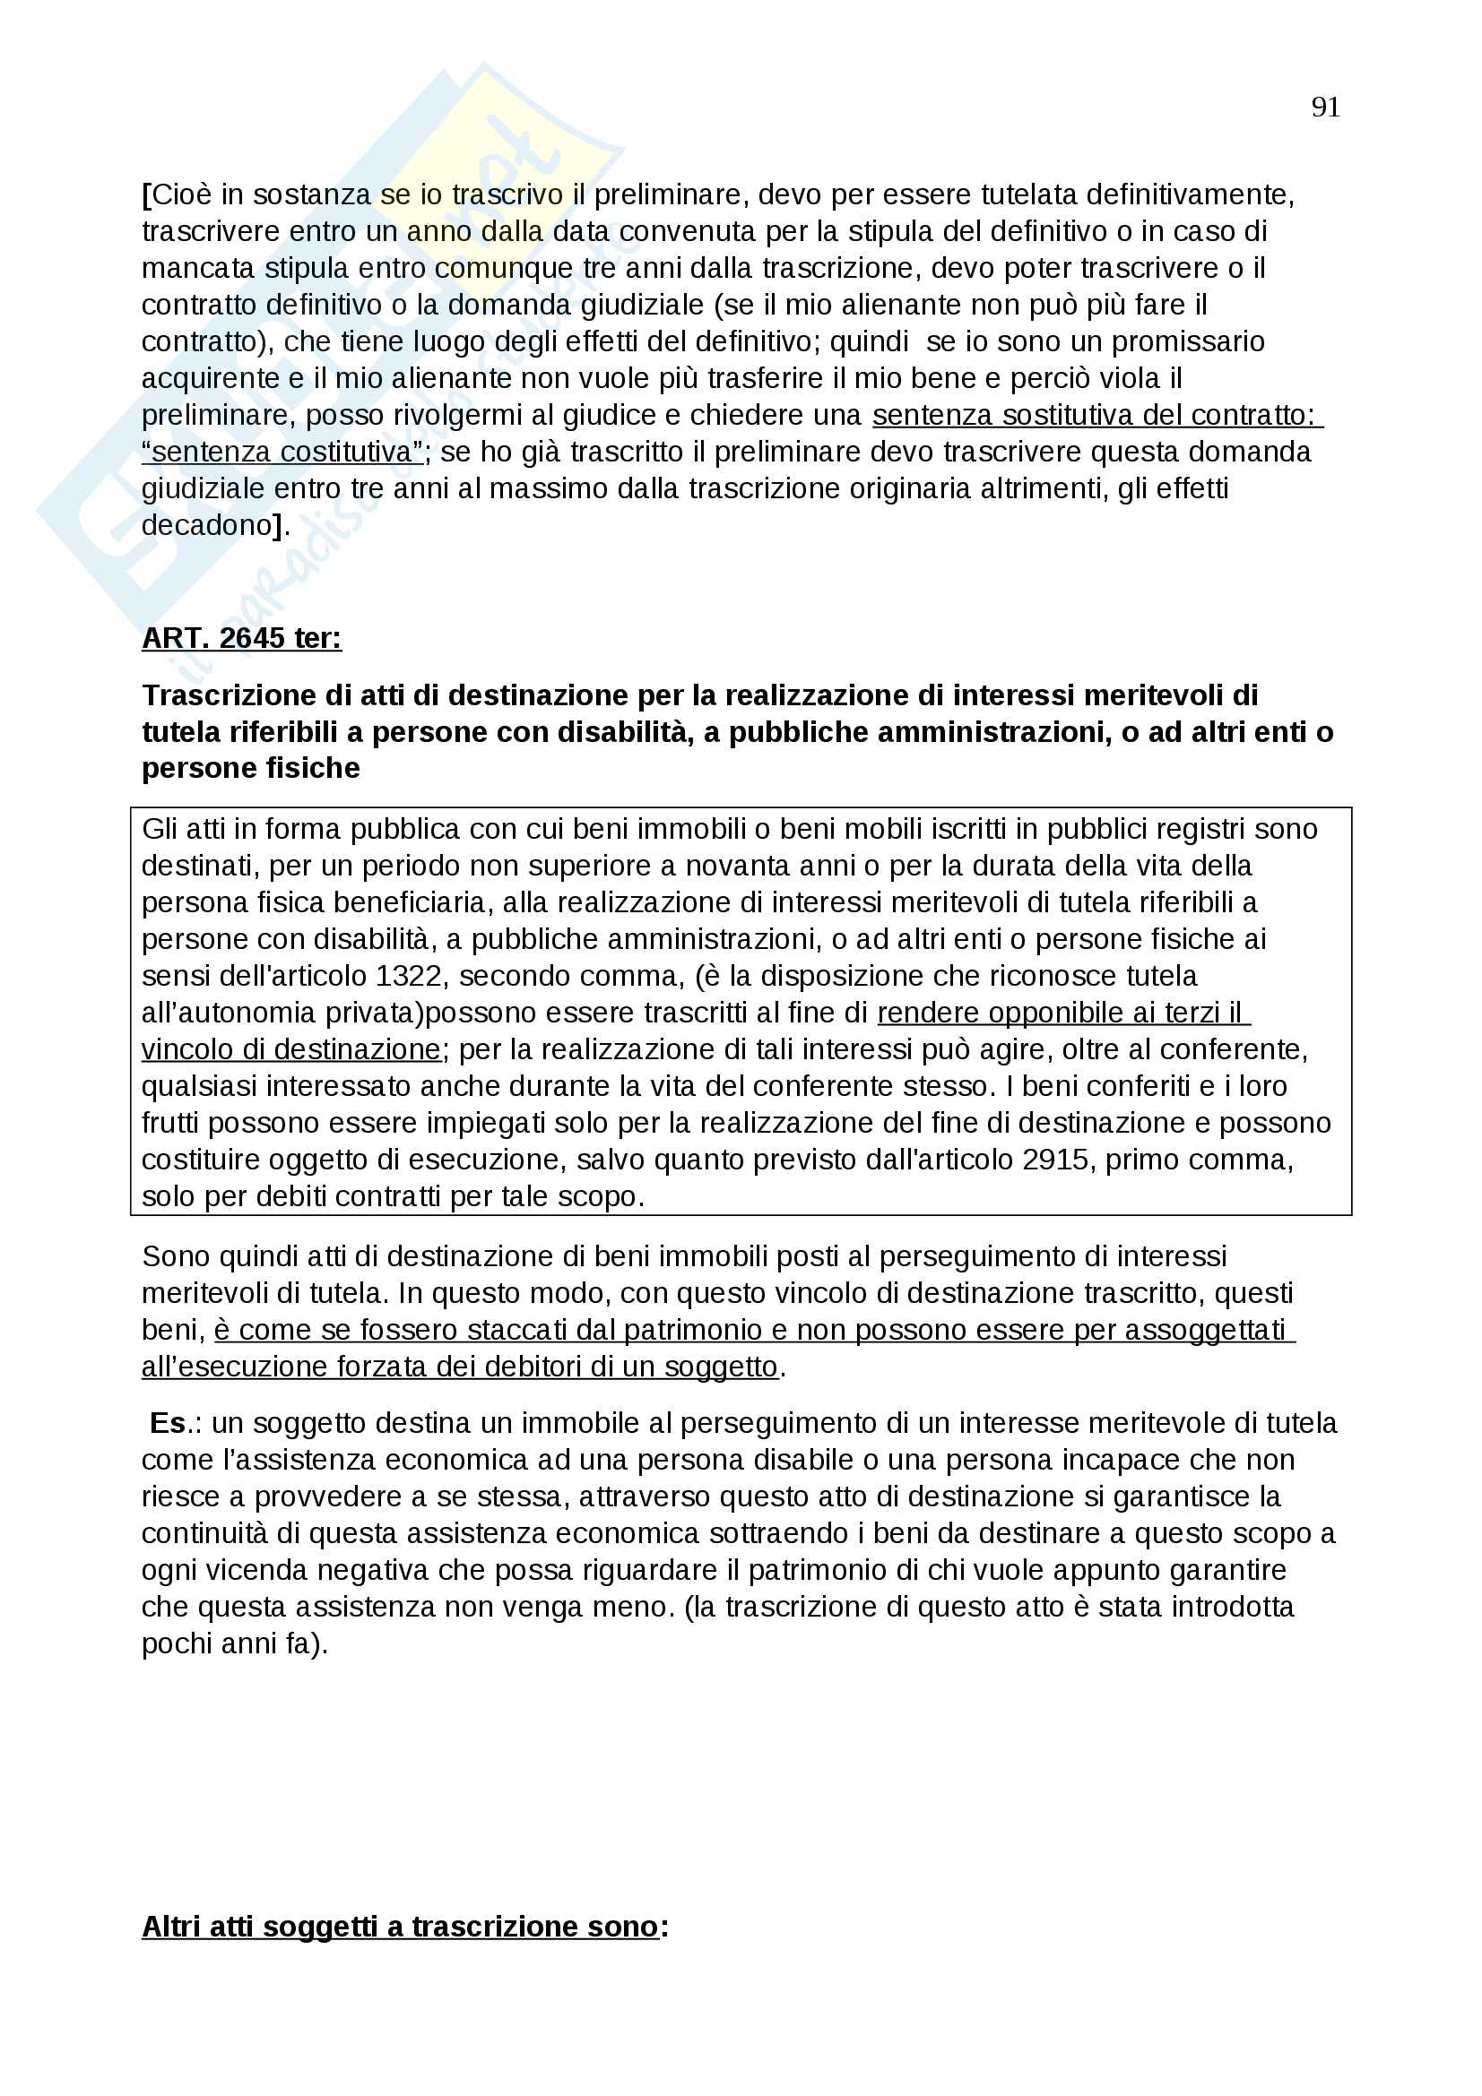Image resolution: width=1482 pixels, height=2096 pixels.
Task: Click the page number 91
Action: tap(1325, 108)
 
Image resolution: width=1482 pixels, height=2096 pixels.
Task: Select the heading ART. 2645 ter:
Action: tap(241, 638)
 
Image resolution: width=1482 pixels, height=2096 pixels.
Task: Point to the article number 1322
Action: tap(408, 976)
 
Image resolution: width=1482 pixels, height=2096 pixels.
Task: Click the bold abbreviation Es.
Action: tap(168, 1423)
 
